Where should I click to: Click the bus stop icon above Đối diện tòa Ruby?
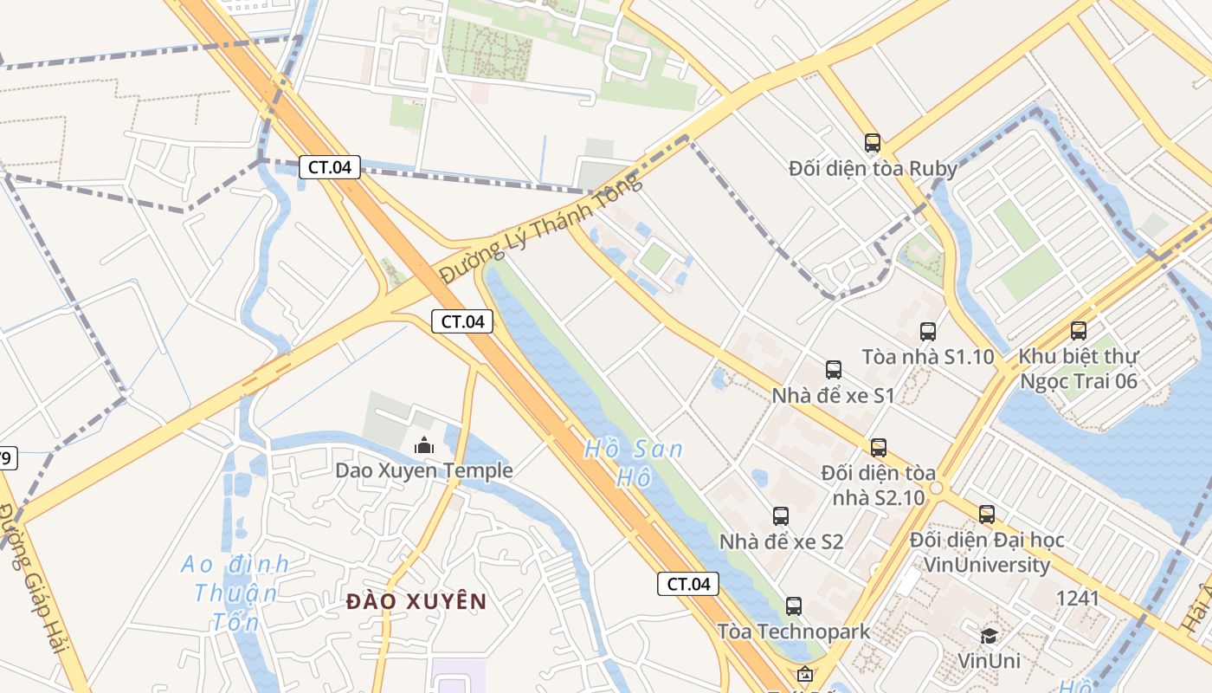tap(872, 143)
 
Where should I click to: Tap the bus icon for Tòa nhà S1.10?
tap(928, 331)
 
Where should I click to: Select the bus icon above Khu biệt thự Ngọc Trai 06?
tap(1078, 330)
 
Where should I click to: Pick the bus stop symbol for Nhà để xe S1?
tap(834, 370)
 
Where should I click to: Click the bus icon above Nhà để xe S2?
tap(780, 516)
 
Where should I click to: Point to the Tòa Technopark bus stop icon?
tap(793, 606)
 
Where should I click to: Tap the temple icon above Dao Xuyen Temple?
tap(424, 446)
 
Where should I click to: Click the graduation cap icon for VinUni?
tap(989, 636)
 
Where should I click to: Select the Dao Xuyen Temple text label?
tap(424, 470)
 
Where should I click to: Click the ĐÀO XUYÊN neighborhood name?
tap(416, 601)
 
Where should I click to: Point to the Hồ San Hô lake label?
tap(634, 463)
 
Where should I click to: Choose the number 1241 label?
tap(1077, 598)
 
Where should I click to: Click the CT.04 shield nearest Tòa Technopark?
tap(688, 584)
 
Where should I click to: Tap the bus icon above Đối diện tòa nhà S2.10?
tap(879, 447)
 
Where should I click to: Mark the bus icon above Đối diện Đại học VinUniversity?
tap(987, 515)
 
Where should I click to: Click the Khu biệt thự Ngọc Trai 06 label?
tap(1078, 369)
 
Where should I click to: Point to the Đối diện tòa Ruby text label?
tap(873, 168)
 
